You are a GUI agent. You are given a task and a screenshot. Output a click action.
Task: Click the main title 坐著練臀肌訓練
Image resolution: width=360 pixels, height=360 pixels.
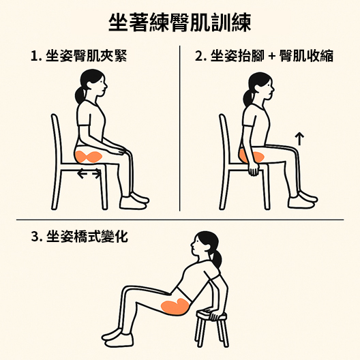pyautogui.click(x=180, y=22)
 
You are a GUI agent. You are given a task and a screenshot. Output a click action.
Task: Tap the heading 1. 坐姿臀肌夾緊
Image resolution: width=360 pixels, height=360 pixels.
pyautogui.click(x=79, y=56)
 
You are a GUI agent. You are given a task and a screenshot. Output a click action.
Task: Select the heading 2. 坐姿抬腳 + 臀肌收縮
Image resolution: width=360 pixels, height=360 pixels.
pyautogui.click(x=264, y=56)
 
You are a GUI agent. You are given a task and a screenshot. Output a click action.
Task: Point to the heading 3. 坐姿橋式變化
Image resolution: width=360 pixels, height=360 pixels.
pyautogui.click(x=80, y=236)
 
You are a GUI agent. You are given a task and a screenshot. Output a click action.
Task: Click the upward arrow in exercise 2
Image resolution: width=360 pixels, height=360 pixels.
pyautogui.click(x=299, y=138)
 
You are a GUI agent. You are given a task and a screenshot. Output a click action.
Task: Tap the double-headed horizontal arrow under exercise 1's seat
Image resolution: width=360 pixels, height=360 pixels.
pyautogui.click(x=89, y=174)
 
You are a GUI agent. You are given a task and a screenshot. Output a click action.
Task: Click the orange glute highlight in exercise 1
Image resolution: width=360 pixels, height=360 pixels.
pyautogui.click(x=89, y=157)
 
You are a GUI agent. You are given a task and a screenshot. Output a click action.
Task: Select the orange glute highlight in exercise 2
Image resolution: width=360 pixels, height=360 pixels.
pyautogui.click(x=252, y=156)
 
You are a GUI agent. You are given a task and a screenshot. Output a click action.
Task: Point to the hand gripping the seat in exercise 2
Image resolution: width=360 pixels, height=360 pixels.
pyautogui.click(x=254, y=170)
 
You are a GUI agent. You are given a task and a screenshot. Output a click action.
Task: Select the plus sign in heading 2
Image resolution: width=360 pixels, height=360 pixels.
pyautogui.click(x=271, y=56)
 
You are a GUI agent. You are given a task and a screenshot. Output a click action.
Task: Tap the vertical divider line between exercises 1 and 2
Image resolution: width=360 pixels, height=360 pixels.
pyautogui.click(x=180, y=128)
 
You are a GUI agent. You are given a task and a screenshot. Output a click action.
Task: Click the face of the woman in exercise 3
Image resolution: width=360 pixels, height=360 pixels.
pyautogui.click(x=195, y=245)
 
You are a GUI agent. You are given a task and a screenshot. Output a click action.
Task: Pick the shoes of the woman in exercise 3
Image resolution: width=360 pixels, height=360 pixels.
pyautogui.click(x=117, y=337)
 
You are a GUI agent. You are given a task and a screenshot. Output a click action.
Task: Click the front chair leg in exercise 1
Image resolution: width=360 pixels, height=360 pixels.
pyautogui.click(x=104, y=187)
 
